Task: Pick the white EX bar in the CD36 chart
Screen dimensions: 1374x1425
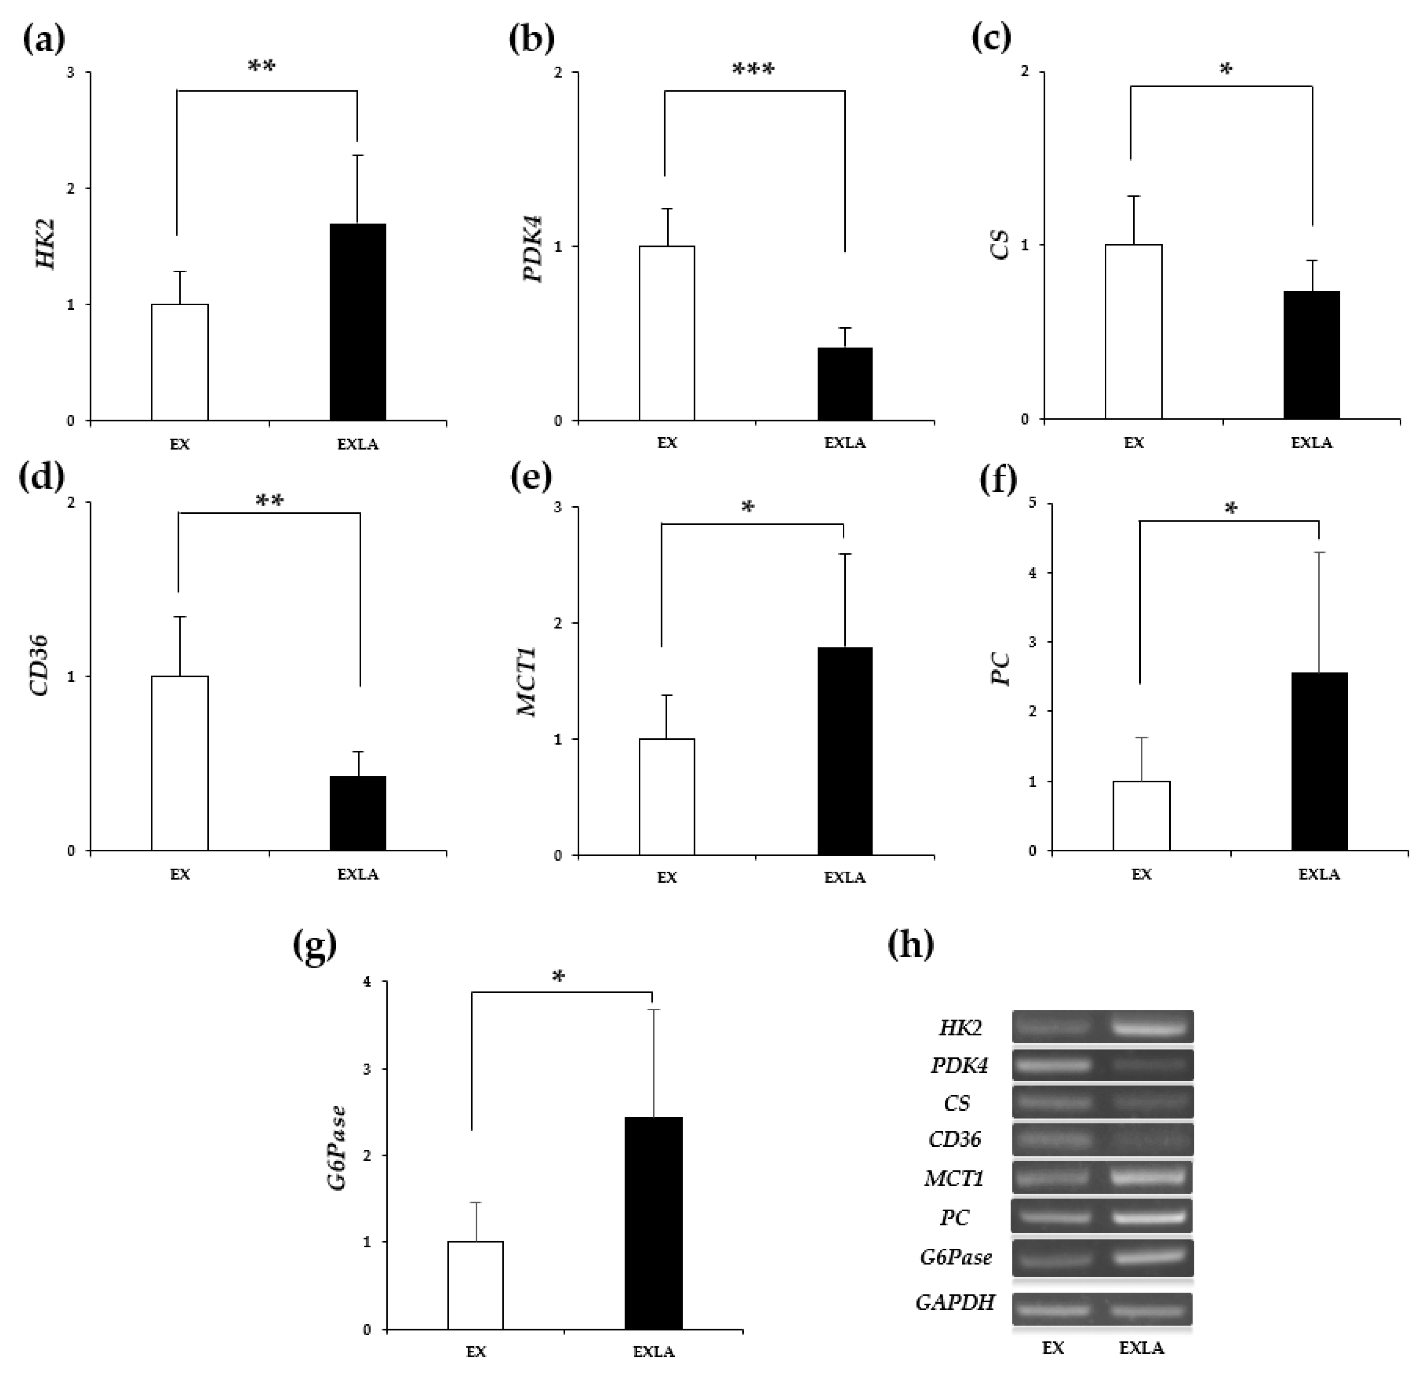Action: click(179, 762)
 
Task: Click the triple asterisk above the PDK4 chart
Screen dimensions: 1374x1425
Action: click(753, 70)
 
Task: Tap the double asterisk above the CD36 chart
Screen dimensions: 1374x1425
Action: click(269, 501)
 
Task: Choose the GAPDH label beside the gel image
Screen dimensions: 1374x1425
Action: click(955, 1302)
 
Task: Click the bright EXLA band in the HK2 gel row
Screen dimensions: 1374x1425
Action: click(1152, 1028)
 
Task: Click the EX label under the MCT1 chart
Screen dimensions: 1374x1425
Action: click(667, 877)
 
